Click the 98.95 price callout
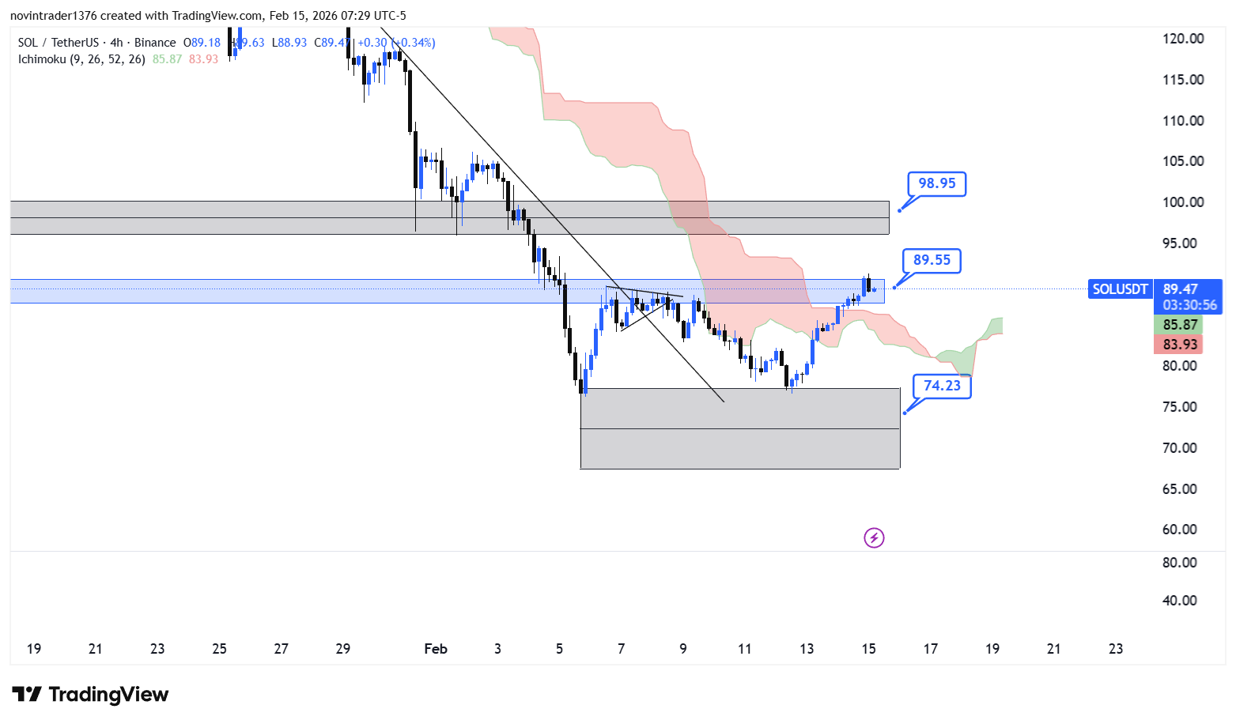(936, 183)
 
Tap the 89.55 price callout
(932, 260)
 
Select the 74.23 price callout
(942, 386)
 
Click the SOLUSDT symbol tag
(1120, 289)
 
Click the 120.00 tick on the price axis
(1183, 39)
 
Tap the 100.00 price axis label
(1183, 202)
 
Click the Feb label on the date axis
(436, 649)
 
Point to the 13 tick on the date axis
(807, 649)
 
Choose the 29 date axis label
(342, 649)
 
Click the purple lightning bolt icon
(874, 538)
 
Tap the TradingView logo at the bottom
(91, 695)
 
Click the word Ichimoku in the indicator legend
(42, 59)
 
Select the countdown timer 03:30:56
(1189, 305)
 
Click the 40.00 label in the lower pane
(1179, 601)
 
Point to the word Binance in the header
(155, 43)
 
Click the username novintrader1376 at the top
(53, 16)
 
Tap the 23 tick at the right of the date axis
(1116, 649)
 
